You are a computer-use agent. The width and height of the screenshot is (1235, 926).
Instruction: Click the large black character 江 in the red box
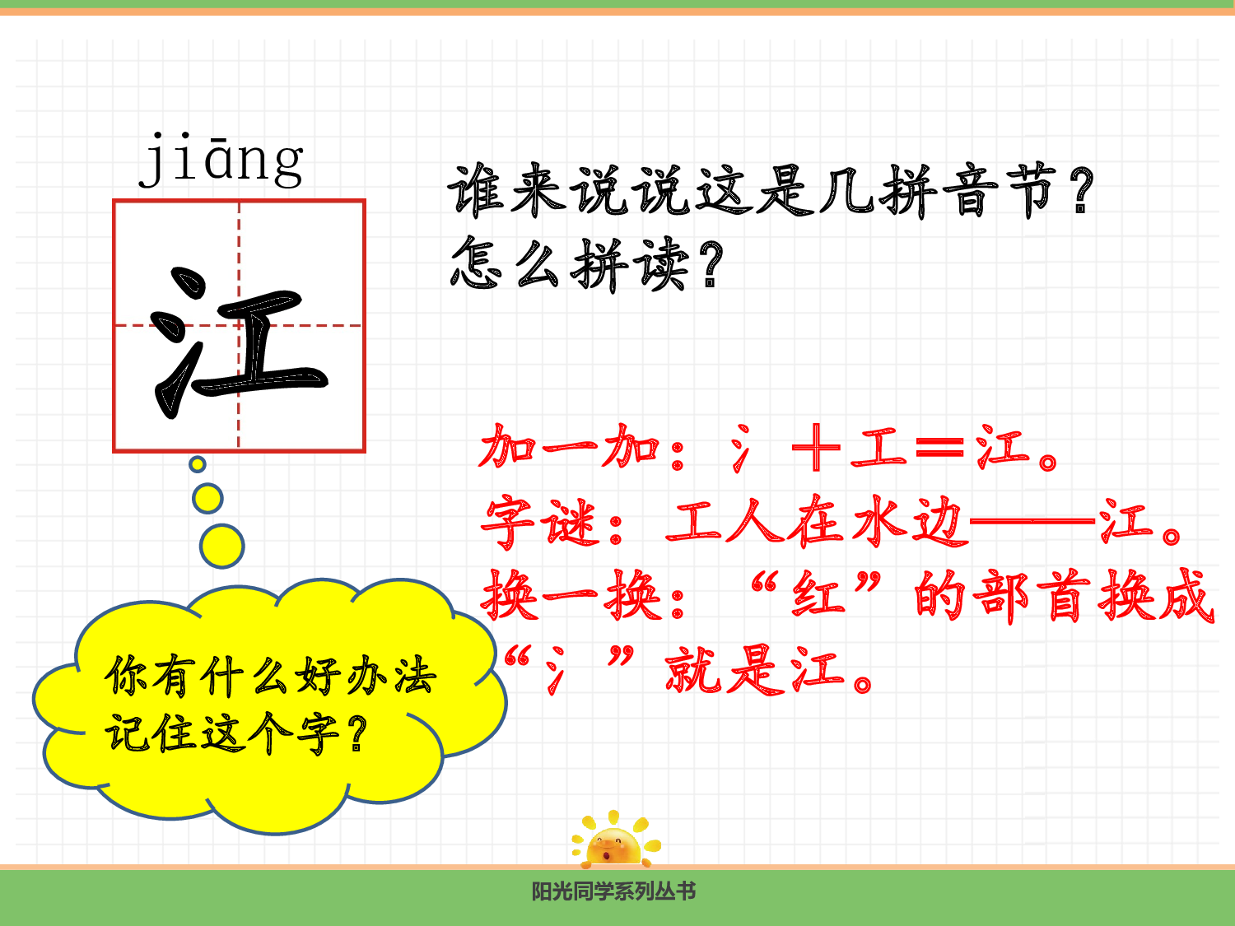click(240, 341)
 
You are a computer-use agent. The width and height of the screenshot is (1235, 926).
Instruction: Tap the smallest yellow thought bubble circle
click(198, 464)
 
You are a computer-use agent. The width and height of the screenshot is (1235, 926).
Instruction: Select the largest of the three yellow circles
click(222, 546)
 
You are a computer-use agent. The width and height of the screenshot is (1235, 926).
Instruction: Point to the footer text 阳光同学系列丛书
click(613, 891)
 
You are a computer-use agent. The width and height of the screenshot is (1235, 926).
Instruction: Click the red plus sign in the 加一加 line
click(815, 449)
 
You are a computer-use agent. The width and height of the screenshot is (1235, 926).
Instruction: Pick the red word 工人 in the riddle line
click(725, 522)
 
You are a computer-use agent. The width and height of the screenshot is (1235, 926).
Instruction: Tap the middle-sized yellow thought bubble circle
click(207, 498)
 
